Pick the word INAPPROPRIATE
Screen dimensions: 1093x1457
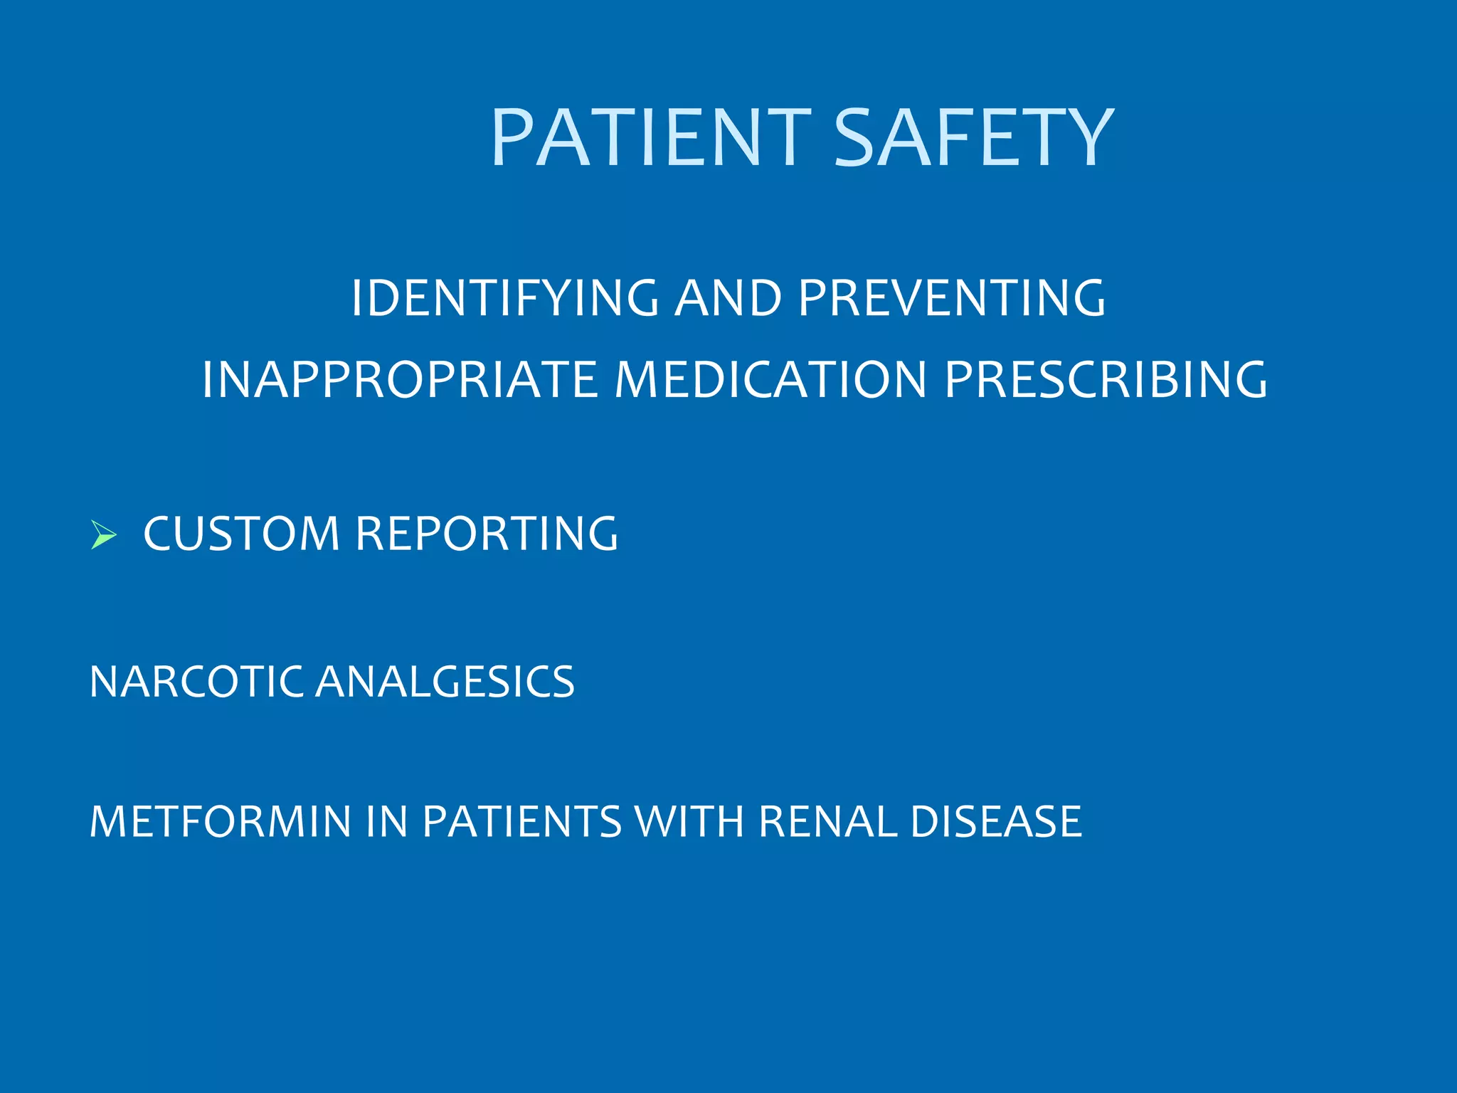pyautogui.click(x=399, y=379)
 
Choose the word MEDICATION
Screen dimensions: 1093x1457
pyautogui.click(x=770, y=379)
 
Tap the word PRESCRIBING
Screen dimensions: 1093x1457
pyautogui.click(x=1106, y=379)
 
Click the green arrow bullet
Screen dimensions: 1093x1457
pyautogui.click(x=104, y=534)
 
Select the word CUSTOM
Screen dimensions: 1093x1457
pyautogui.click(x=241, y=534)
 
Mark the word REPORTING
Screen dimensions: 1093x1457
pyautogui.click(x=487, y=534)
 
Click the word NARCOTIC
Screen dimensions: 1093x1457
pyautogui.click(x=196, y=682)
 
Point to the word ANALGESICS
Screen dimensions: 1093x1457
pyautogui.click(x=445, y=682)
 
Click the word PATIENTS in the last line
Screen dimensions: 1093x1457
pyautogui.click(x=522, y=822)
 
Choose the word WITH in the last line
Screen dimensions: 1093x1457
pyautogui.click(x=689, y=822)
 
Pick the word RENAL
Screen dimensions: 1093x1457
pyautogui.click(x=827, y=822)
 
